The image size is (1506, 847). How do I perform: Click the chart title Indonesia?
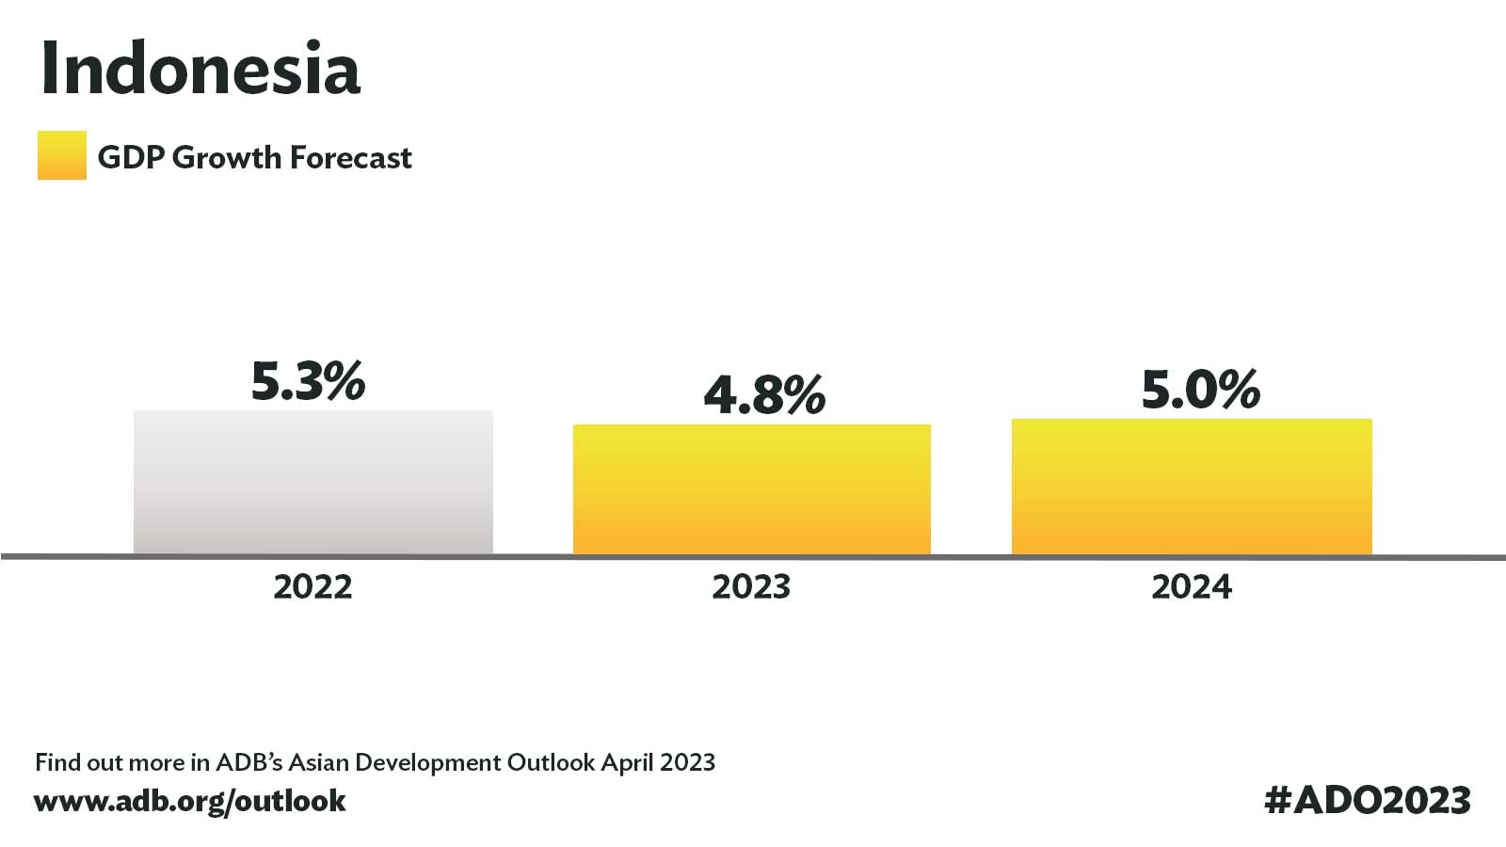pos(200,68)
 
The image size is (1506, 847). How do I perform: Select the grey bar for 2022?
pos(313,483)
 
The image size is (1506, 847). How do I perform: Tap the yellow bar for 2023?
pos(752,489)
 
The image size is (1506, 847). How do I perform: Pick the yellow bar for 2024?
pos(1192,487)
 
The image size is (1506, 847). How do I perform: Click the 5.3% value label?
pos(308,381)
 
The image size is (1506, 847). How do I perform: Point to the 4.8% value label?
pos(764,394)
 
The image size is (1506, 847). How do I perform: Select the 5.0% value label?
pos(1201,390)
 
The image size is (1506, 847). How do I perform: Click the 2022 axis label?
pos(312,587)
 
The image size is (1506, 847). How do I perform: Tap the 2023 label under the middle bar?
pos(751,587)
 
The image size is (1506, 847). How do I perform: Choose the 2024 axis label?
pos(1192,587)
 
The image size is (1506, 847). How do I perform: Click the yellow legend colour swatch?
pos(62,155)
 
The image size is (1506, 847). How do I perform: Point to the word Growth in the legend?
pos(227,158)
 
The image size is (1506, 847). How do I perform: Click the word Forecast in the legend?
pos(350,158)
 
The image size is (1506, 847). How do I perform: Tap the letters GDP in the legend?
pos(131,158)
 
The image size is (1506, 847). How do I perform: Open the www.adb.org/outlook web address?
pos(189,801)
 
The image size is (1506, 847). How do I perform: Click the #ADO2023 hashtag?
pos(1368,800)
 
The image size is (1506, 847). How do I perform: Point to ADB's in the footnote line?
pos(248,762)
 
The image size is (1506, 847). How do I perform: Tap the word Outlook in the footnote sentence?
pos(551,762)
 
